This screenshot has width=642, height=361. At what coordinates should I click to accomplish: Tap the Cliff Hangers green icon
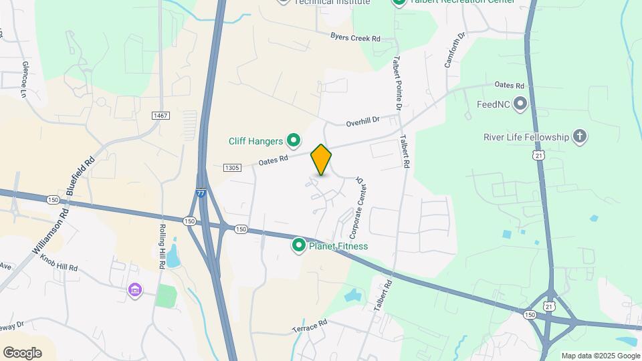click(293, 141)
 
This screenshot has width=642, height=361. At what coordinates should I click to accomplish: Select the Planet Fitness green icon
click(298, 246)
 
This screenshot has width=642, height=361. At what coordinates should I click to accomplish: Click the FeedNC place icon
click(520, 104)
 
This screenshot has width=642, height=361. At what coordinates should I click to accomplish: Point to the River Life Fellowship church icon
click(580, 138)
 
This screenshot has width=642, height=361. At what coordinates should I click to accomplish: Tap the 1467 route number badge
click(160, 116)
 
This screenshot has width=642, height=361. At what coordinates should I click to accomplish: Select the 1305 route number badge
click(232, 167)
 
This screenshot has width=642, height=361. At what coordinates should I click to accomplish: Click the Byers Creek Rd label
click(355, 38)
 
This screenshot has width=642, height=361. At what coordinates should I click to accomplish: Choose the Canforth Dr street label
click(454, 51)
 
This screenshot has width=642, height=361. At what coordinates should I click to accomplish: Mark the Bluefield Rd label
click(82, 172)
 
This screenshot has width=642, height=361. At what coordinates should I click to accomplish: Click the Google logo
click(22, 352)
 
